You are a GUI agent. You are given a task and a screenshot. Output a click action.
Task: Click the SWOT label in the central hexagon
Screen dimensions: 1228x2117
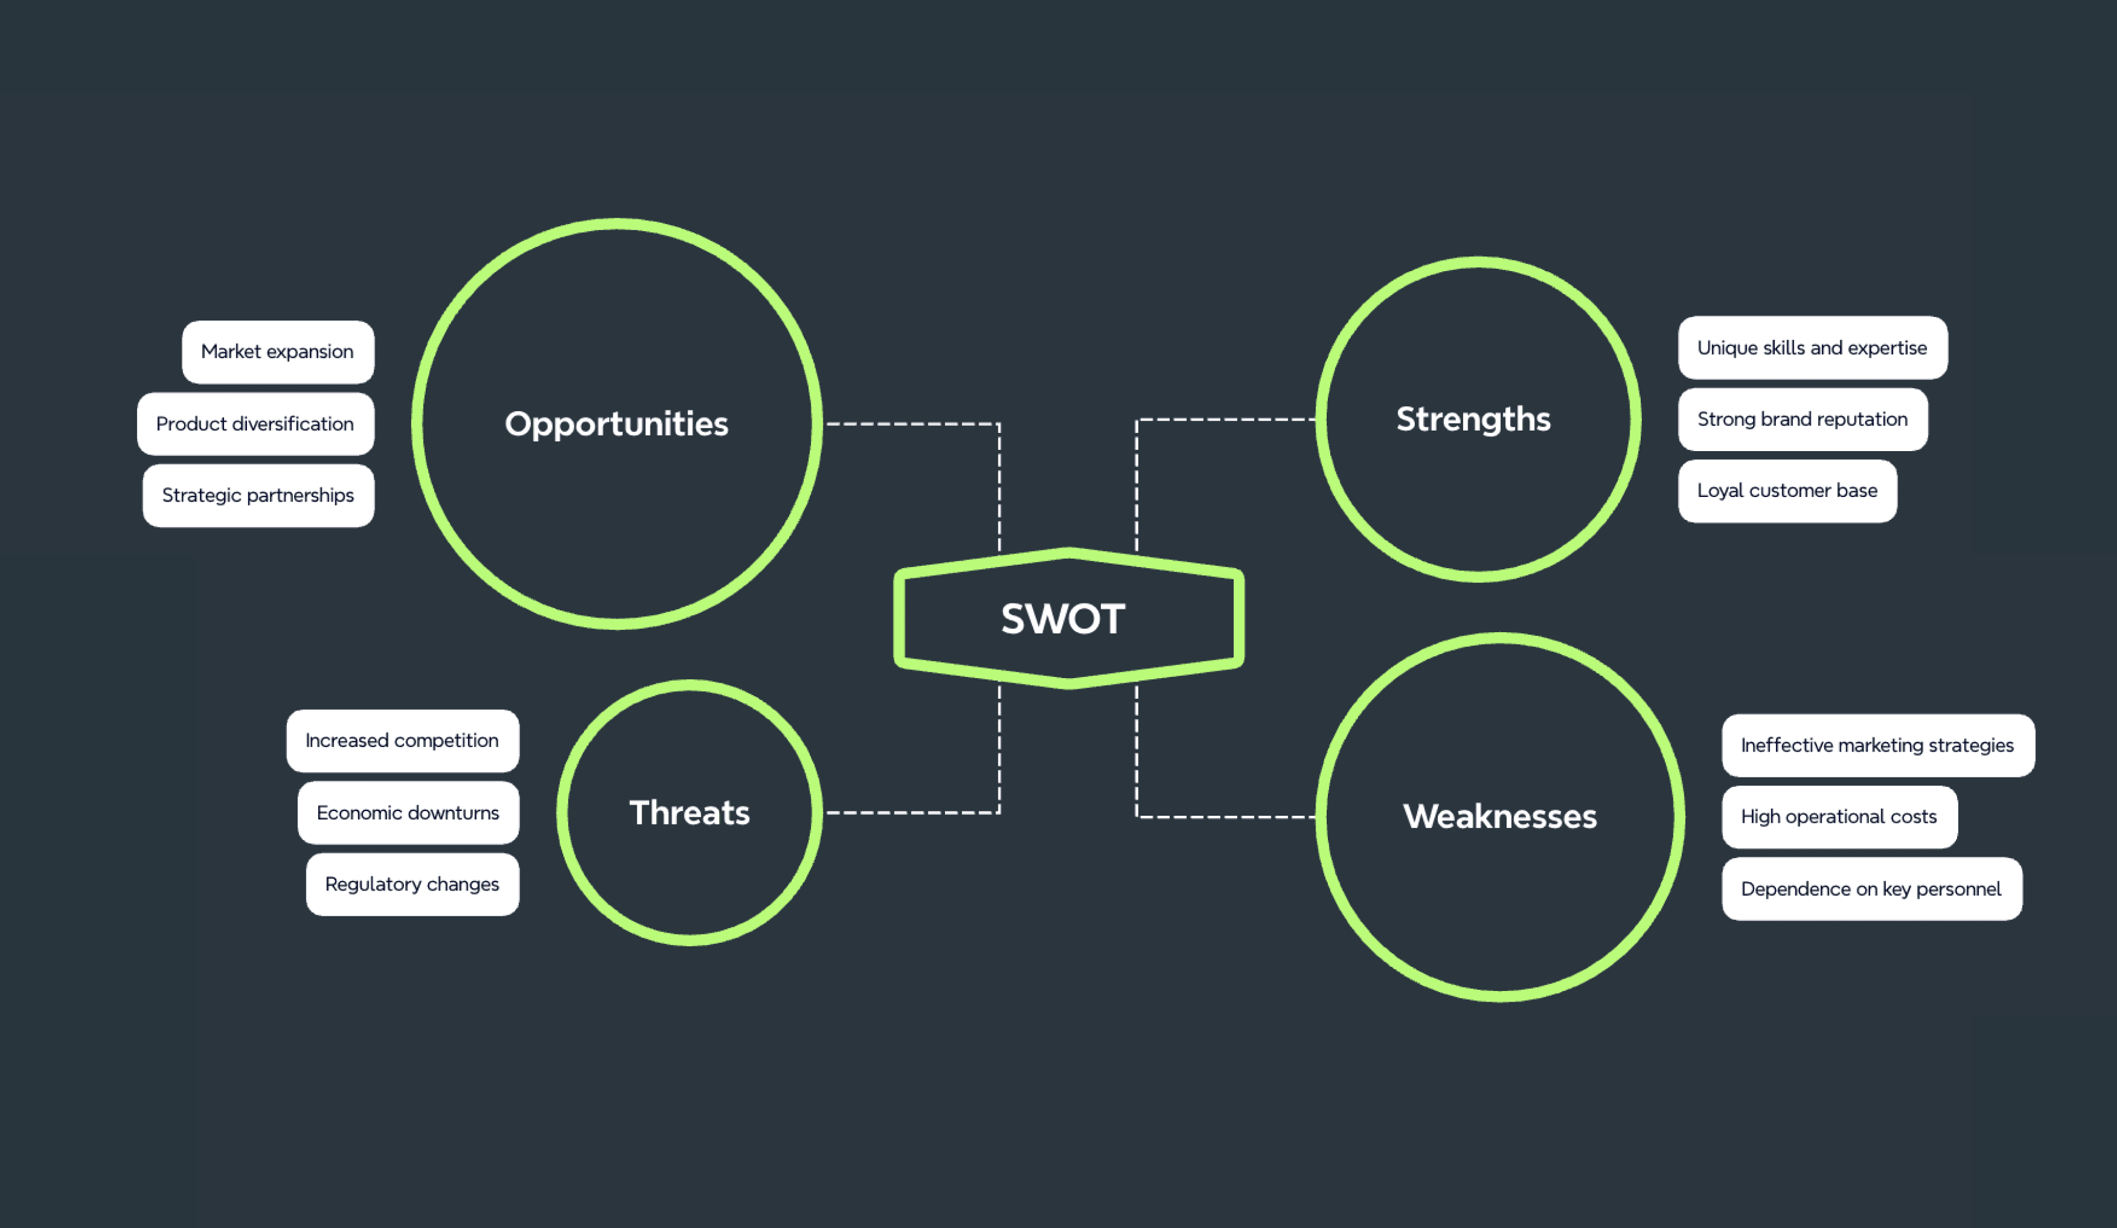1063,619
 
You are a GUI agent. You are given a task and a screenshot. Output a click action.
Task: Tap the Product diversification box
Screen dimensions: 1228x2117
255,424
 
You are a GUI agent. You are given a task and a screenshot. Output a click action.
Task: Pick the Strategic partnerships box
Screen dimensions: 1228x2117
258,496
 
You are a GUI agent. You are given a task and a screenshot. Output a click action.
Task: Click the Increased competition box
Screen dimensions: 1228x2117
402,741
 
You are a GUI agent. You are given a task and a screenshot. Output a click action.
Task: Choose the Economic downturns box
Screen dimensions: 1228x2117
408,813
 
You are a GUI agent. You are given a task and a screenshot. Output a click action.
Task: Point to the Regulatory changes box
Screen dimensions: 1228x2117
412,885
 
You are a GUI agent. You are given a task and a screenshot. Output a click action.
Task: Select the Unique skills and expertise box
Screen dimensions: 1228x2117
1812,348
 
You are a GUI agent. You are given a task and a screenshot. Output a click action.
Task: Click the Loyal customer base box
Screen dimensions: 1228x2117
1787,490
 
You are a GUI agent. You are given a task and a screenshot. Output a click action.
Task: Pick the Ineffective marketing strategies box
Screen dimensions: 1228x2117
1878,745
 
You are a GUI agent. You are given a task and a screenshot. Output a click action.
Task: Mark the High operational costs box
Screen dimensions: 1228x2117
1839,816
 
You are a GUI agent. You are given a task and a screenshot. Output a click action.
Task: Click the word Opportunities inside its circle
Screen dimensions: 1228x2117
617,424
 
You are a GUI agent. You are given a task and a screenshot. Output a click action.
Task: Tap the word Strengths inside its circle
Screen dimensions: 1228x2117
1474,419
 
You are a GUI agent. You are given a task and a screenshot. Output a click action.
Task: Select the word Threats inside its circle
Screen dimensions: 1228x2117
690,813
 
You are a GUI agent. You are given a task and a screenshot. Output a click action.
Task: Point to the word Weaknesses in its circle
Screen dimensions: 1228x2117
1500,816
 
